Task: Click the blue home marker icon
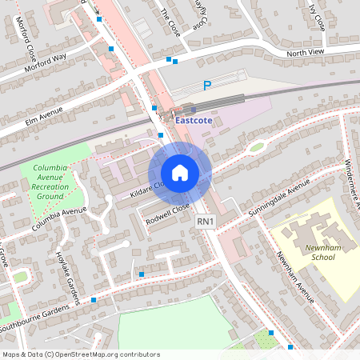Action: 180,173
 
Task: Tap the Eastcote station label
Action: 195,122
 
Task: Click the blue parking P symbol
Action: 207,86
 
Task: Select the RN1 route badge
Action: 206,220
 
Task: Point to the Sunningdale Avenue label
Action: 277,194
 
